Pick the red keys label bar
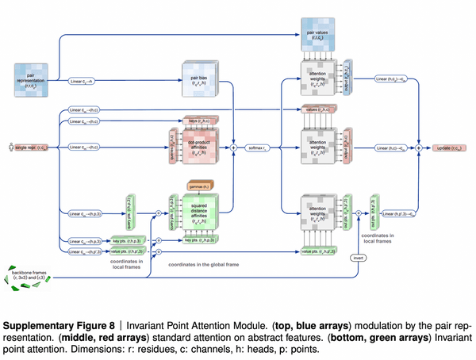(193, 121)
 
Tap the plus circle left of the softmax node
(234, 147)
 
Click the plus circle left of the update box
(418, 147)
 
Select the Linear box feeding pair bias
(83, 80)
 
